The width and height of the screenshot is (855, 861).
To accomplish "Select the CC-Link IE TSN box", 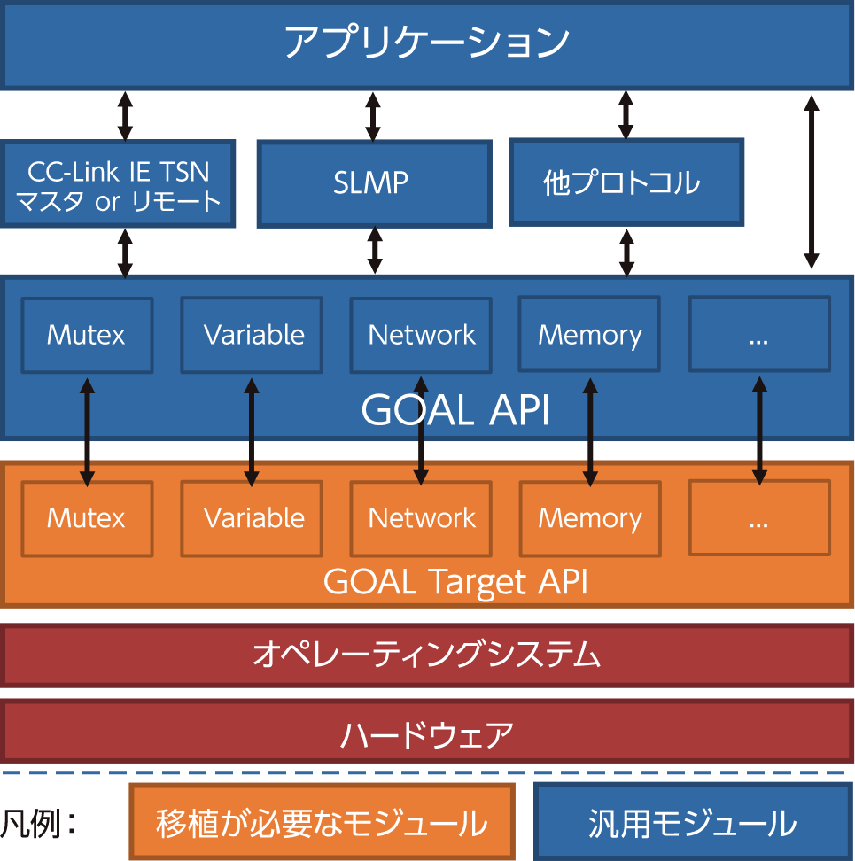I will (118, 183).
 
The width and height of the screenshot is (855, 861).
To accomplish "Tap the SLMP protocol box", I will (373, 182).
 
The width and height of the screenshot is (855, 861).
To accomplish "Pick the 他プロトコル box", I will (626, 182).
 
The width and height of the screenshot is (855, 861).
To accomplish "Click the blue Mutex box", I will (87, 335).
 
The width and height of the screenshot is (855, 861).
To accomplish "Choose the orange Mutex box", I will (87, 518).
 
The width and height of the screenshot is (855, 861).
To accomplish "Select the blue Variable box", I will (253, 335).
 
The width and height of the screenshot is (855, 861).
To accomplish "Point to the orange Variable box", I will (253, 518).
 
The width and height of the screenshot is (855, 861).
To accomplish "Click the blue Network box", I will (421, 335).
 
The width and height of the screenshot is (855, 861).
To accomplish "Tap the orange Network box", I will (421, 518).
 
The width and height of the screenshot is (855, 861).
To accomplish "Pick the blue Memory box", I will (589, 335).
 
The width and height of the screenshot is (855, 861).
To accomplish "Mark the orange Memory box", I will (589, 518).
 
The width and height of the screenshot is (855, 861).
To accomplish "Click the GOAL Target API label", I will (455, 582).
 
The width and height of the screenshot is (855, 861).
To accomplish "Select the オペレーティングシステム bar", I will (426, 655).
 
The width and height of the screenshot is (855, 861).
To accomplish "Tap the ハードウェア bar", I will (426, 734).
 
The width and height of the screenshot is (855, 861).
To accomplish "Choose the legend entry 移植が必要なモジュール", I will (322, 823).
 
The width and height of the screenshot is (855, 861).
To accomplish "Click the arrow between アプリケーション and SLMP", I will (374, 114).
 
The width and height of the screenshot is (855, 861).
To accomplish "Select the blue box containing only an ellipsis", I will (759, 335).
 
